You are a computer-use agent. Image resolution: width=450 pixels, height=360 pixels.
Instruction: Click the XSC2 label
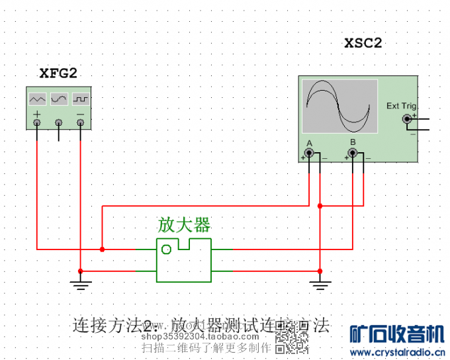363,43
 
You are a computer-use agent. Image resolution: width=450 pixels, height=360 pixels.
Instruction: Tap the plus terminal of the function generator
37,122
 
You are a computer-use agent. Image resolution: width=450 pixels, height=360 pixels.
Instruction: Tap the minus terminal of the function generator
81,122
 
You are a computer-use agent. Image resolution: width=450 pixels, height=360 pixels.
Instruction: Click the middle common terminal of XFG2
59,122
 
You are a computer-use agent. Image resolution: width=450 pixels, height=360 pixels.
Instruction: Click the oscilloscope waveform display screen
339,106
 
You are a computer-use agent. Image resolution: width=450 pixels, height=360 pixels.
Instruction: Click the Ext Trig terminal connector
407,119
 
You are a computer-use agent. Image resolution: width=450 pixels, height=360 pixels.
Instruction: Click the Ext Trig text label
401,106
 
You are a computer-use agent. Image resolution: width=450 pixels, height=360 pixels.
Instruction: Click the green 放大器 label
183,224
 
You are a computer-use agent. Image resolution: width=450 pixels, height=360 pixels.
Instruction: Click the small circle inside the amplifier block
167,249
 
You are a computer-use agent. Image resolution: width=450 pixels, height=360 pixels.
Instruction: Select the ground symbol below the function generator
80,285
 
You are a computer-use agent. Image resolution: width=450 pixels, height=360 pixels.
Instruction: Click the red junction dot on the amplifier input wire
102,249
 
